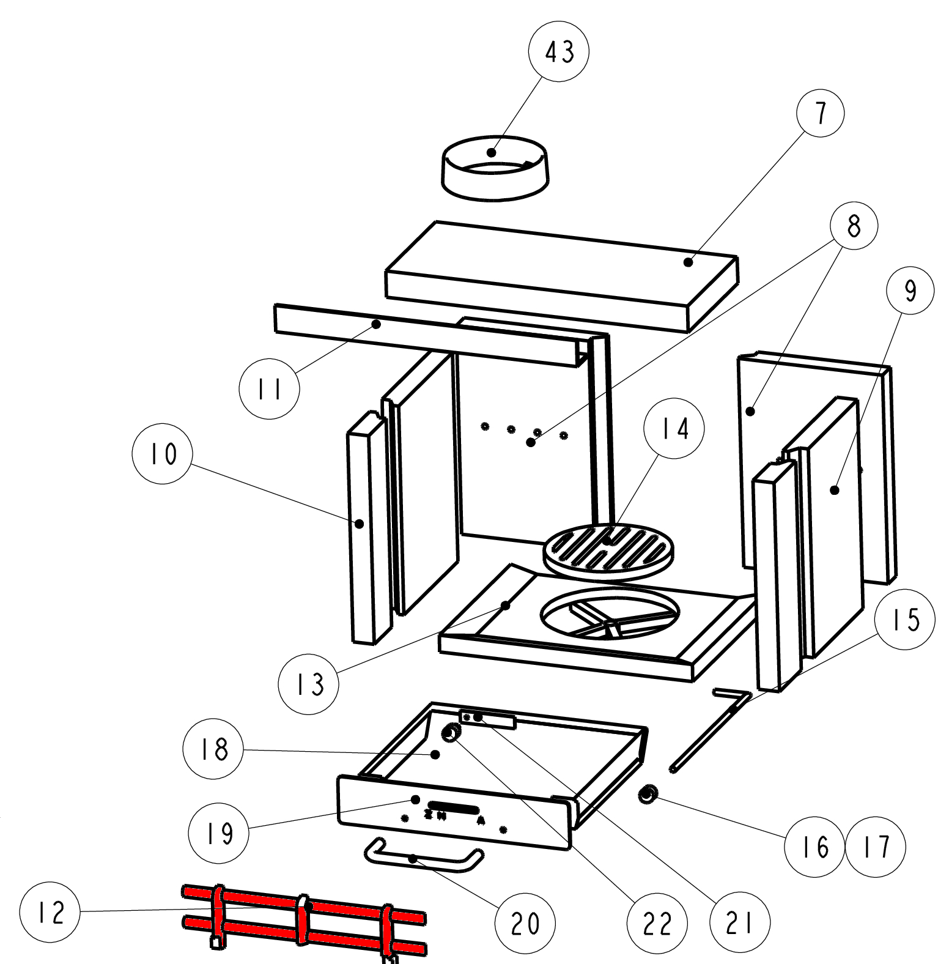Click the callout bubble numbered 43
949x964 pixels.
coord(559,51)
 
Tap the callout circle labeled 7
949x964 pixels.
coord(821,114)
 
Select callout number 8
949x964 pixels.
coord(854,226)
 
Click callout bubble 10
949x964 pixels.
coord(163,453)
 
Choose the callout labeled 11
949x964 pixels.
coord(269,388)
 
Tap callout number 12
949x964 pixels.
coord(50,913)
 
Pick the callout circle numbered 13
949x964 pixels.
coord(309,683)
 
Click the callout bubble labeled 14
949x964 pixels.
coord(674,428)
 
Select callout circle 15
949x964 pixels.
coord(905,620)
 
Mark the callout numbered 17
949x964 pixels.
coord(876,847)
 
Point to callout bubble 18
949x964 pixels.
coord(213,749)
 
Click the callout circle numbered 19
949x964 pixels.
coord(219,832)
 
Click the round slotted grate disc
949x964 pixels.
coord(610,552)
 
